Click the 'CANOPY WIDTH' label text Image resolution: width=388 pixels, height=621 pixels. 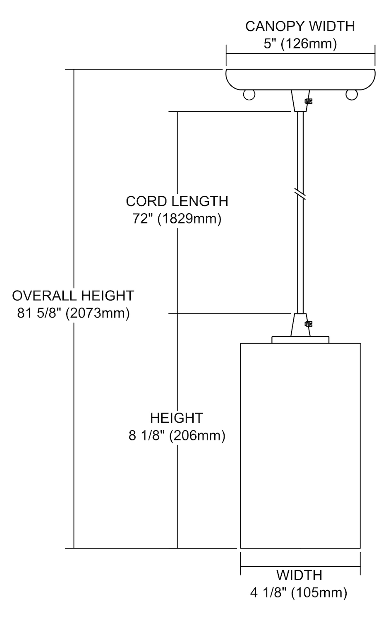click(300, 26)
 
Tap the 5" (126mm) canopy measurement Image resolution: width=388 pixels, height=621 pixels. click(300, 43)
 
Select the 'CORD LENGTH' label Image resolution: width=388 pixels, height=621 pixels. click(177, 201)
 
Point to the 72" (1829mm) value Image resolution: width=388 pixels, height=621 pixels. click(177, 218)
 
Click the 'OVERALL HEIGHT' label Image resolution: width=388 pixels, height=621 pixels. click(73, 296)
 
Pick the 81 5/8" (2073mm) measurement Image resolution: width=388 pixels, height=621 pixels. click(73, 313)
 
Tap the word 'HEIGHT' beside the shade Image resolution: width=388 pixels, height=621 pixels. click(177, 418)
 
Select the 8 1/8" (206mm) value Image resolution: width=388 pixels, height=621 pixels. click(177, 436)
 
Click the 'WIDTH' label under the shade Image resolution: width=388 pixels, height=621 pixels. click(299, 575)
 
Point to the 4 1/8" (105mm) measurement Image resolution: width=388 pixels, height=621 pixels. click(299, 592)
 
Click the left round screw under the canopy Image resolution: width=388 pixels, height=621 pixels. click(249, 94)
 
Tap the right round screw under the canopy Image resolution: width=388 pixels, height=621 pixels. click(352, 94)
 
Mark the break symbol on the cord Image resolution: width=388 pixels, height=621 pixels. click(301, 193)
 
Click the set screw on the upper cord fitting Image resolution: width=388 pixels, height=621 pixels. click(308, 101)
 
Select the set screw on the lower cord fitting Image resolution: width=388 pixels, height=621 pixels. click(308, 324)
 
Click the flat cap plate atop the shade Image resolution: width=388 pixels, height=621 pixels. click(300, 339)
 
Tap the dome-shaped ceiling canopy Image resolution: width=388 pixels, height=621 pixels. click(300, 79)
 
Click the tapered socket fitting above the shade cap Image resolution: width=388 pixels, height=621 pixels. click(299, 325)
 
